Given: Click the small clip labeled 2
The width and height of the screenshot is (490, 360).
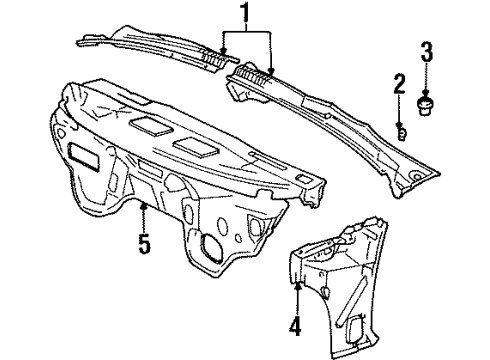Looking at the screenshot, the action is [401, 132].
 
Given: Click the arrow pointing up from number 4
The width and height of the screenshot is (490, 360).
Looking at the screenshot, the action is [298, 293].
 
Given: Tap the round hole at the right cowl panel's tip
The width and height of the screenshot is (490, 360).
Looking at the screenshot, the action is [413, 177].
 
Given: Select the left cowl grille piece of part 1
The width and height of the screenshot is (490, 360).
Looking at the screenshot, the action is [150, 45].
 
